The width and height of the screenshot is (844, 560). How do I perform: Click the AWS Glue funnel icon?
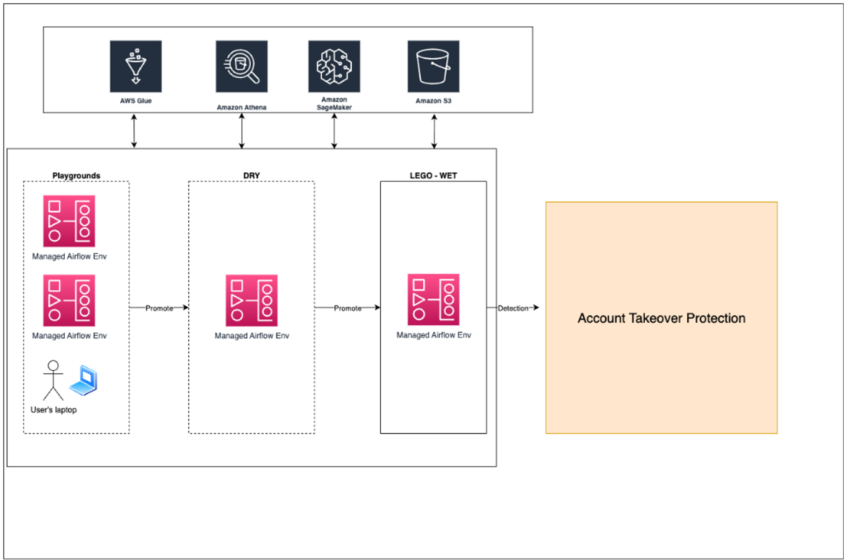click(x=136, y=67)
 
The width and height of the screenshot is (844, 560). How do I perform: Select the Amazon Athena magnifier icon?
click(x=241, y=67)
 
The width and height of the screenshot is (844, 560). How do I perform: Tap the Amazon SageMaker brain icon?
click(x=334, y=67)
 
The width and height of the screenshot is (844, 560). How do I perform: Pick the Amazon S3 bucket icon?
click(x=433, y=67)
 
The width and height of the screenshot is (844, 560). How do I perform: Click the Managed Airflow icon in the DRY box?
click(x=251, y=301)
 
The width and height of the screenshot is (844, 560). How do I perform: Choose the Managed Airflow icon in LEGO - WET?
click(x=433, y=299)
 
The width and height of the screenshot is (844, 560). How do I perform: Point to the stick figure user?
click(x=54, y=380)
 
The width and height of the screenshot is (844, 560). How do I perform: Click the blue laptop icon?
click(x=83, y=381)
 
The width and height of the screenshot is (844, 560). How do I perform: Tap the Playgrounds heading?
click(x=76, y=175)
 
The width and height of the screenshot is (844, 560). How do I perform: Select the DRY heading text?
click(x=251, y=175)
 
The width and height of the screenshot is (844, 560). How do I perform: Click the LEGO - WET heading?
click(x=433, y=175)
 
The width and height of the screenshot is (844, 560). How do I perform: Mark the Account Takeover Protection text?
click(x=661, y=318)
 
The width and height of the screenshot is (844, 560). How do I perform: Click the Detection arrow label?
click(x=513, y=308)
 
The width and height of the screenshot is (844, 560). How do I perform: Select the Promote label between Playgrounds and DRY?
click(x=159, y=308)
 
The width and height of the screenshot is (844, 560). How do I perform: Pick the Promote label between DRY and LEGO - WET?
click(x=347, y=308)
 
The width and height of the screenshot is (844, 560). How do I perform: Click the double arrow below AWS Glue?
click(x=134, y=131)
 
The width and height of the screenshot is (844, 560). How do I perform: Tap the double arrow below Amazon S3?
click(x=434, y=131)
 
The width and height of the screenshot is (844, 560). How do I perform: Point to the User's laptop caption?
click(x=54, y=409)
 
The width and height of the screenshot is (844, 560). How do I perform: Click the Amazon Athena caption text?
click(x=241, y=107)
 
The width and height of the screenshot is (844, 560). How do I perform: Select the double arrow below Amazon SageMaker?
click(x=334, y=131)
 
